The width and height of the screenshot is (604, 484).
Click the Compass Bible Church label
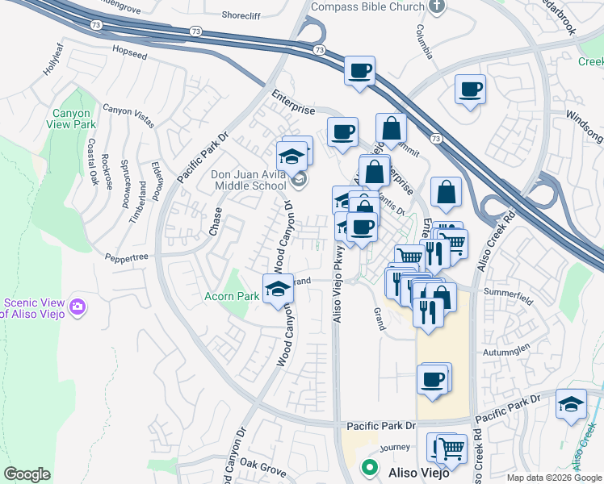tap(367, 6)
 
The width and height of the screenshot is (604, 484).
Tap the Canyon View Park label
tap(73, 119)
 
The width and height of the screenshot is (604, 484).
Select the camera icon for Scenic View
tap(78, 307)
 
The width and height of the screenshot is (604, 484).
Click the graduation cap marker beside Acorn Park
tap(278, 288)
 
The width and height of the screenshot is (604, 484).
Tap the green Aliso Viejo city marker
tap(370, 467)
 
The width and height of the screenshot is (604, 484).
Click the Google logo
tap(27, 474)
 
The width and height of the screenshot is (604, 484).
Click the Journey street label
tap(394, 447)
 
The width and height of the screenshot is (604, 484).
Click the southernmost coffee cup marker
tap(433, 379)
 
